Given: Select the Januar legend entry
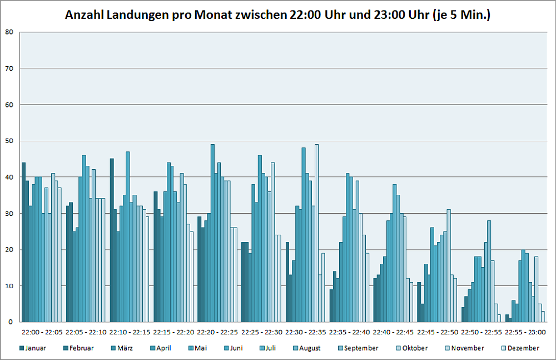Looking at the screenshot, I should pos(36,348).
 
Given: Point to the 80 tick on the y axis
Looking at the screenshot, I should pos(9,32).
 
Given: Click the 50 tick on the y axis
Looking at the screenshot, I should pos(9,141).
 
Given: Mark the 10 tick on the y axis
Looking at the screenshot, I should pos(9,286).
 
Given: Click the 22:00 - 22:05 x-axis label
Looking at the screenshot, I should pos(43,332).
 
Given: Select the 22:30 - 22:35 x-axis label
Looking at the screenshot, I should pos(306,332).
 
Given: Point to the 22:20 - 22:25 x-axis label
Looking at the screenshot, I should pos(219,332).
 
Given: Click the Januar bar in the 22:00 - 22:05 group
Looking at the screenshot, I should pos(23,242).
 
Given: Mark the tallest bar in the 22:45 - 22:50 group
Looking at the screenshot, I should pos(449,265).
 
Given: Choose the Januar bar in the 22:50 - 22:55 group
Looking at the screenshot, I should pos(463,314).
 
